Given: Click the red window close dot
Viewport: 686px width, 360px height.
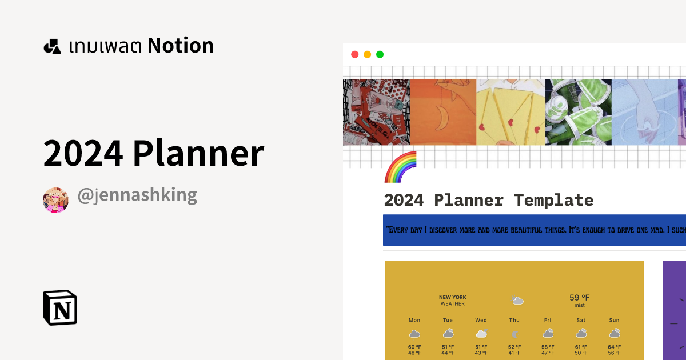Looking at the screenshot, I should click(x=354, y=55).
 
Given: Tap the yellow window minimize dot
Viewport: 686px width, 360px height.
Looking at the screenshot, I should click(x=367, y=55).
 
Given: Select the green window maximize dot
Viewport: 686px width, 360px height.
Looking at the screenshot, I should click(x=380, y=55).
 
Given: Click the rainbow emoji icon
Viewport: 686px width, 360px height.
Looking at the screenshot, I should click(x=400, y=167).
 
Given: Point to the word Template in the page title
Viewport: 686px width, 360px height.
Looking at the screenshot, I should click(x=553, y=201).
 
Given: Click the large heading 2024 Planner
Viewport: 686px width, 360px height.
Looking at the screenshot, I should click(x=153, y=153).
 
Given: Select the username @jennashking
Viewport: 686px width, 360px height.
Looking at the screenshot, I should click(x=137, y=195).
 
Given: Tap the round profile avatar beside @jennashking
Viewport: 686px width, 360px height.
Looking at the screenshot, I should click(x=55, y=199).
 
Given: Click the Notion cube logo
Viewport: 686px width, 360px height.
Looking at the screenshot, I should click(x=59, y=307).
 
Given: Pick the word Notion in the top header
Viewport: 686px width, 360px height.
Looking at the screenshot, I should click(x=181, y=46).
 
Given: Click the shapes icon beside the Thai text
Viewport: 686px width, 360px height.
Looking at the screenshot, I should click(x=52, y=46).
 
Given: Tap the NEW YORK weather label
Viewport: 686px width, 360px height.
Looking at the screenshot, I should click(x=452, y=297).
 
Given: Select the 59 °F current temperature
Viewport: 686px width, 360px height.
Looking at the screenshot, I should click(x=579, y=298).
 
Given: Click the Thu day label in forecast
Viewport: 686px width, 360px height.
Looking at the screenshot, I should click(x=514, y=320).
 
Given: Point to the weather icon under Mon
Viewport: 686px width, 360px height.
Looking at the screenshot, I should click(x=414, y=333).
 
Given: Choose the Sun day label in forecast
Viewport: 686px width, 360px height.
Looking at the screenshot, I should click(x=615, y=320).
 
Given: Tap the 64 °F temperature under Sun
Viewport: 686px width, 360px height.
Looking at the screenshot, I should click(x=615, y=347).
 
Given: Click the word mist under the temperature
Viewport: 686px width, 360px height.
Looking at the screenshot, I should click(x=579, y=306).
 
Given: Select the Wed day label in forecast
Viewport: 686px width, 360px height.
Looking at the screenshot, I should click(x=481, y=320).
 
